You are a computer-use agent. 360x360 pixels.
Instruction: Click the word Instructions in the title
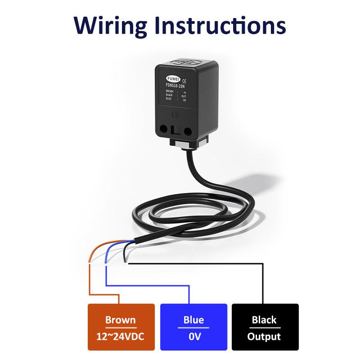pyautogui.click(x=218, y=25)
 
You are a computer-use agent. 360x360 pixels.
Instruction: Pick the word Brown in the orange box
pyautogui.click(x=120, y=320)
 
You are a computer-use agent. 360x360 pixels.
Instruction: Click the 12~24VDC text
pyautogui.click(x=120, y=336)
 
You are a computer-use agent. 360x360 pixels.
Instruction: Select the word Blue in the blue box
pyautogui.click(x=193, y=320)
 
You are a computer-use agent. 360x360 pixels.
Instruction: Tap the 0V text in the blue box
pyautogui.click(x=193, y=336)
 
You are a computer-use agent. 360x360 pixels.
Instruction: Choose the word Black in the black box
pyautogui.click(x=264, y=320)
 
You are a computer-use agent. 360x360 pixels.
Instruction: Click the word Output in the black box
pyautogui.click(x=264, y=336)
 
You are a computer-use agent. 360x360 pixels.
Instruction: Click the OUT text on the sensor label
pyautogui.click(x=184, y=95)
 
